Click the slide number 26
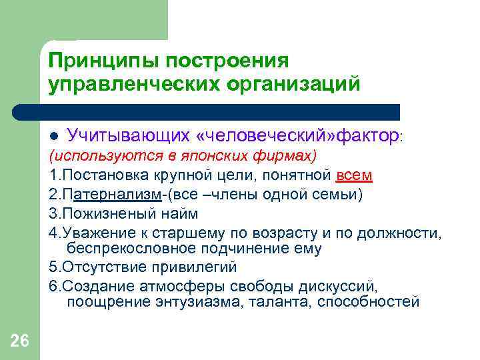coord(20,341)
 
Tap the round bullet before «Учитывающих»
coord(54,136)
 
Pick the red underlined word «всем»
coord(354,175)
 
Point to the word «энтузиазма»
coord(205,303)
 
